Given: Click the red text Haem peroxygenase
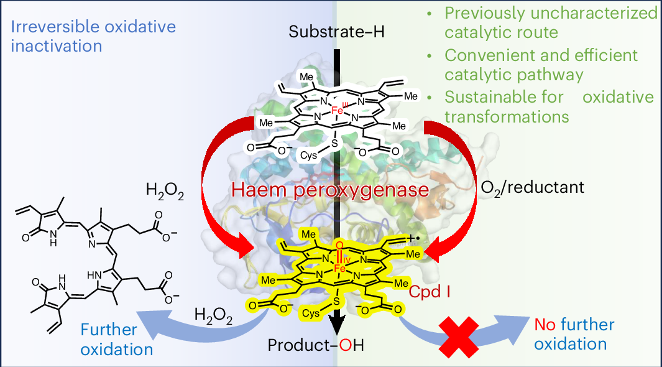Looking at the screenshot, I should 331,188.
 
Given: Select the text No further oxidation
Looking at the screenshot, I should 574,334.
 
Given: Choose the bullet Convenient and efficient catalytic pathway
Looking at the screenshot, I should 540,65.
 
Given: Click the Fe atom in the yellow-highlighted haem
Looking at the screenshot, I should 338,267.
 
